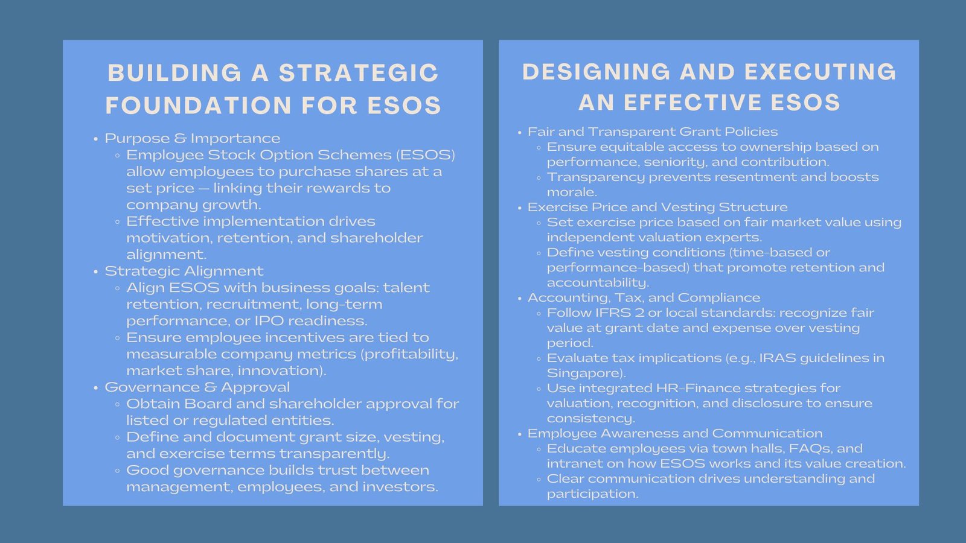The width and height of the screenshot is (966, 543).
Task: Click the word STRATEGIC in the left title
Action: [x=359, y=74]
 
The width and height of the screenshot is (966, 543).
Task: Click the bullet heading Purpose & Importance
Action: [x=193, y=139]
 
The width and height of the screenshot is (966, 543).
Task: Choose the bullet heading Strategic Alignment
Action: [x=184, y=271]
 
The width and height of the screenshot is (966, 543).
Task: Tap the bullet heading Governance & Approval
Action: [x=197, y=387]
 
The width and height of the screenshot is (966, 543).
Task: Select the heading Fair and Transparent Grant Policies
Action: [x=653, y=132]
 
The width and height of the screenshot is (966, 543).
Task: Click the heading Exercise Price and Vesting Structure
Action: [x=657, y=208]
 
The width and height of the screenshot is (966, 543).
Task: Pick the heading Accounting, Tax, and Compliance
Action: [x=644, y=298]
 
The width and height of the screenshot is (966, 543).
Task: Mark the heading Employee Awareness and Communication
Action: [x=675, y=434]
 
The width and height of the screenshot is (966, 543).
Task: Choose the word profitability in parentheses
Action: [x=411, y=354]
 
